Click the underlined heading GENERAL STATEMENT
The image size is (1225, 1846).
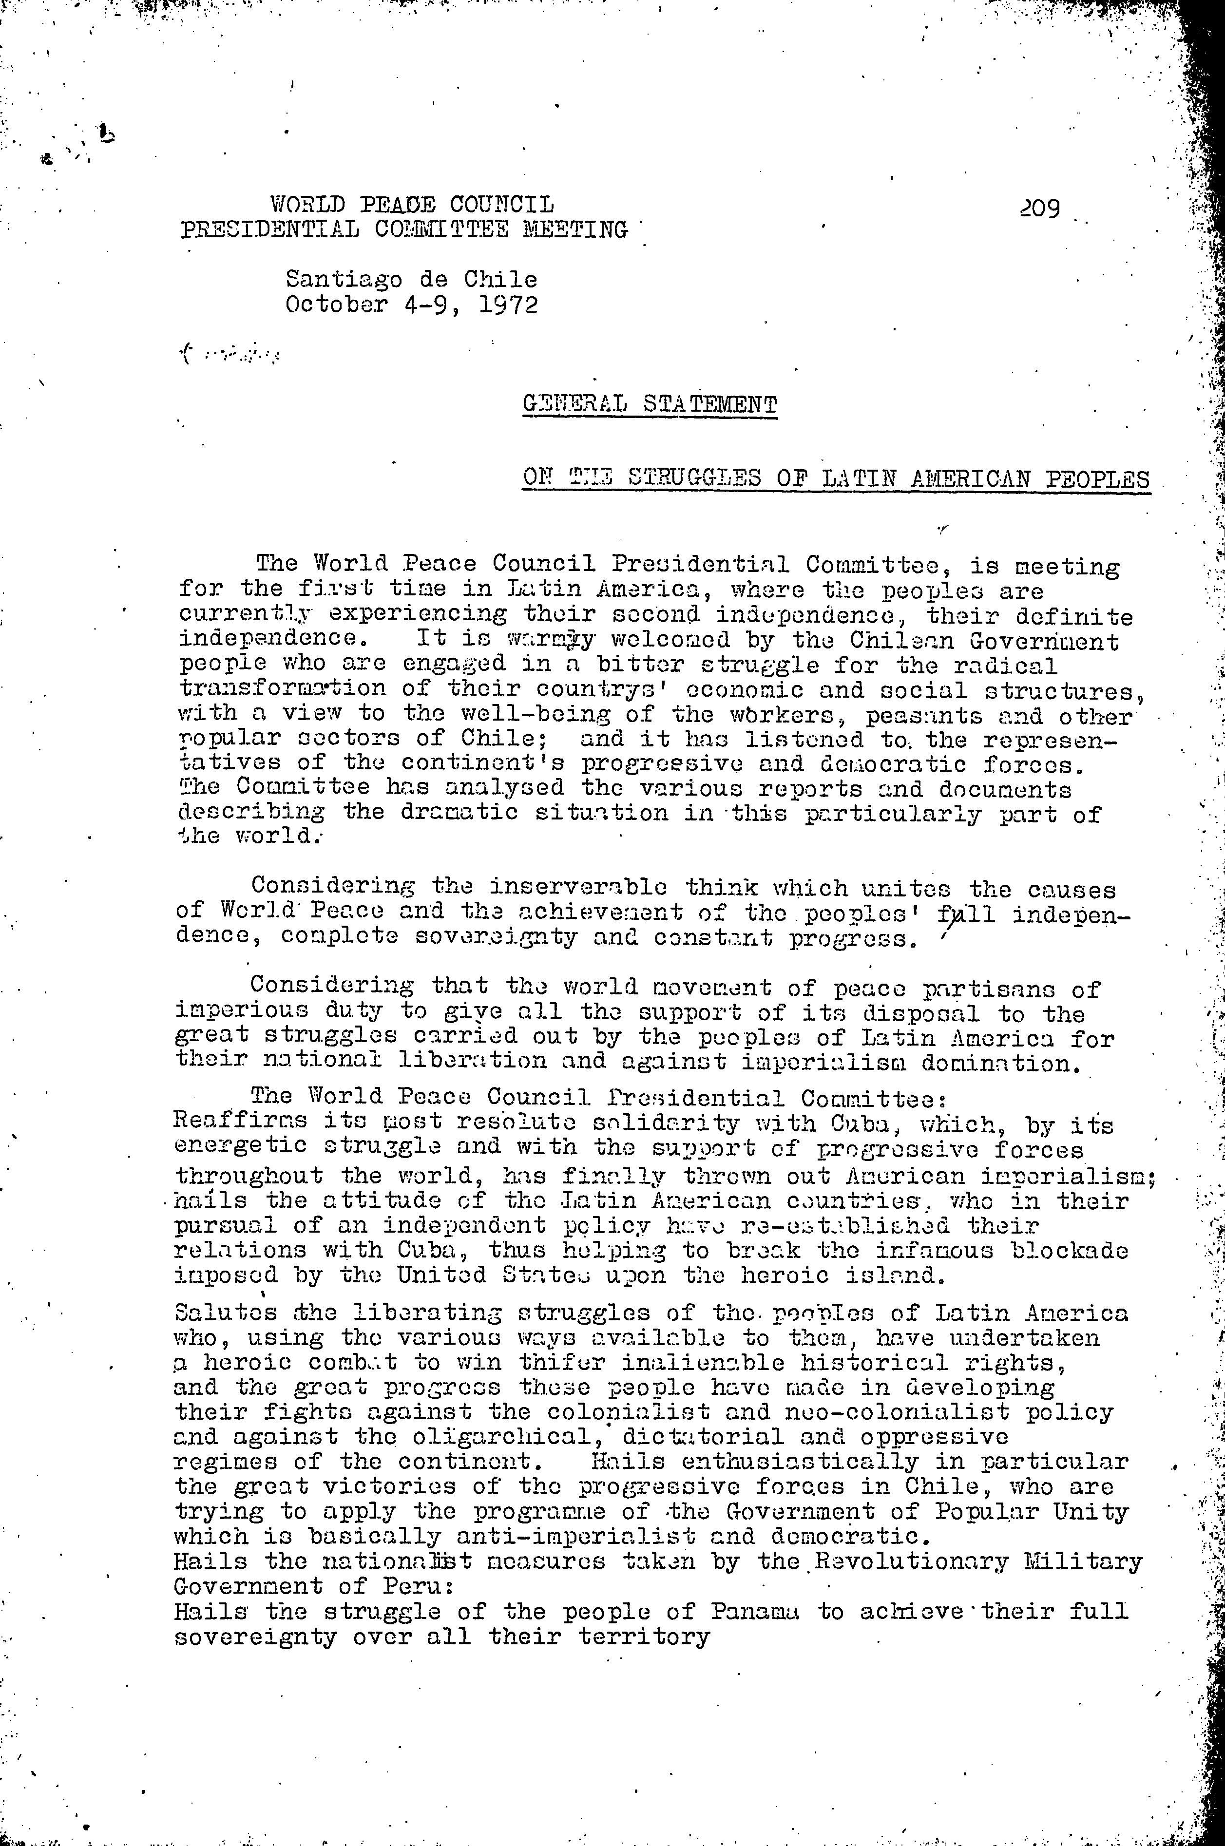650,405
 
